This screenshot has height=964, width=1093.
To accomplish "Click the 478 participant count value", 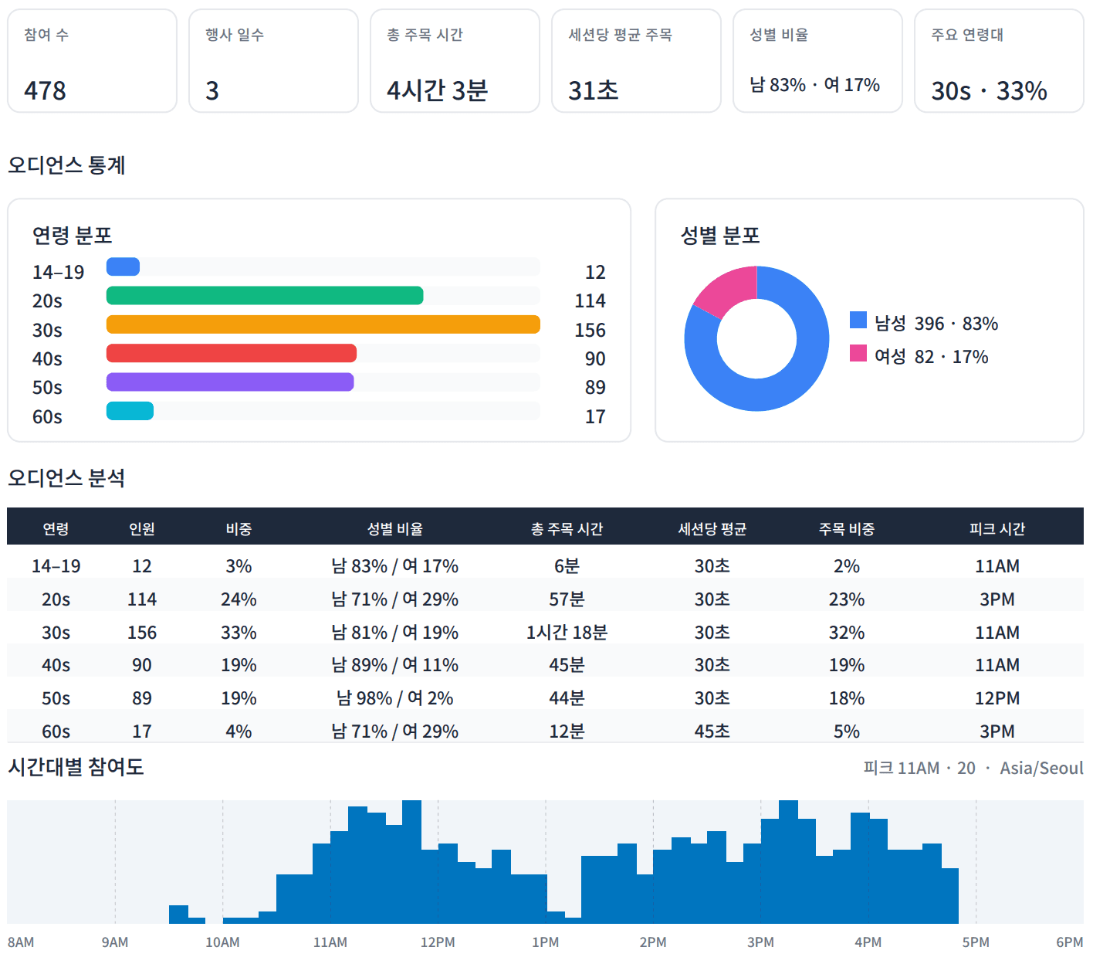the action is pos(45,90).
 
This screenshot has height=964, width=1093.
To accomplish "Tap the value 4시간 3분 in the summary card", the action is pos(437,90).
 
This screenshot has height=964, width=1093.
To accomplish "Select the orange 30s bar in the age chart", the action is pos(323,324).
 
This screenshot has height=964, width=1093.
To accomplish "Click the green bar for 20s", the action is pos(265,295).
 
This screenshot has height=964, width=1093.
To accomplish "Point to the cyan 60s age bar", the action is pos(130,411).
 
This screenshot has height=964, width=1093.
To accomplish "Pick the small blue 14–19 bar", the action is pos(123,266).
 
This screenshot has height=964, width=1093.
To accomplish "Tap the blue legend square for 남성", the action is pos(858,320).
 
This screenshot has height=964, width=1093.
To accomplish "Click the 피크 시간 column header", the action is pos(997,528).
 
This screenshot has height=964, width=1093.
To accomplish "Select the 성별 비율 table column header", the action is pos(395,528).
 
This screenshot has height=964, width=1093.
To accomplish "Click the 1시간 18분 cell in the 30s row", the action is pos(567,632).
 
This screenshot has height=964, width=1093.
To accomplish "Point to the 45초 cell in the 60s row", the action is pos(712,731).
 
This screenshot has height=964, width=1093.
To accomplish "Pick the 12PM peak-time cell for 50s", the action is pos(997,698).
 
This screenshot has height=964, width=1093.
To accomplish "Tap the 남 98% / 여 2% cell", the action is pos(395,698).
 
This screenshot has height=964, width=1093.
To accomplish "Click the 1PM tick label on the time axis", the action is pos(546,942).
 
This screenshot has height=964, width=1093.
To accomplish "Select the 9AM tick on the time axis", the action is pos(115,942).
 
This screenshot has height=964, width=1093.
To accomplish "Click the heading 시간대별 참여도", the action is pos(76,767).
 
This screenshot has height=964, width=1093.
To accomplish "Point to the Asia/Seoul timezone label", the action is pos(1041,768).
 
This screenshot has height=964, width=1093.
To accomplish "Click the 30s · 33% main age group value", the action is pos(989,90).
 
